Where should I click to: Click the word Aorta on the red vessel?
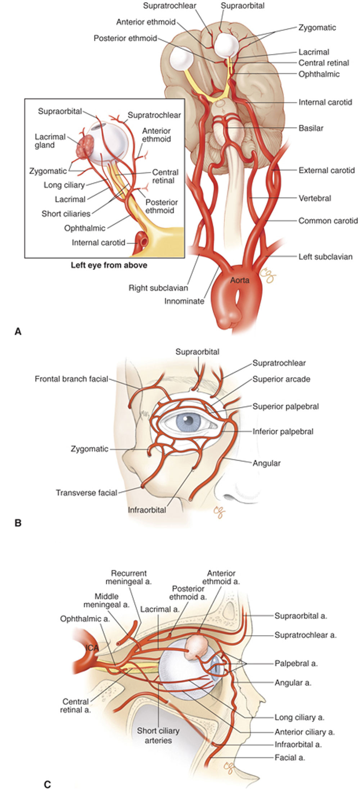click(240, 280)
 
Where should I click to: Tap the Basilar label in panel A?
click(311, 128)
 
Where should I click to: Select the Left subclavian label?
click(325, 257)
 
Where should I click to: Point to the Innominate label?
click(184, 301)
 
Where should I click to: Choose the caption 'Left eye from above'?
click(109, 265)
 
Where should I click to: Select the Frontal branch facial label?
click(71, 379)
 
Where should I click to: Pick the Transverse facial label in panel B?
click(86, 493)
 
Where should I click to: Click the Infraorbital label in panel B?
click(147, 510)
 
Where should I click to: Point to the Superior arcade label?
click(281, 379)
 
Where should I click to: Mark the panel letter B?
click(18, 523)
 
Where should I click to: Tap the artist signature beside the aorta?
click(268, 275)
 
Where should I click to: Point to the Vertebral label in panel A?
click(315, 198)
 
